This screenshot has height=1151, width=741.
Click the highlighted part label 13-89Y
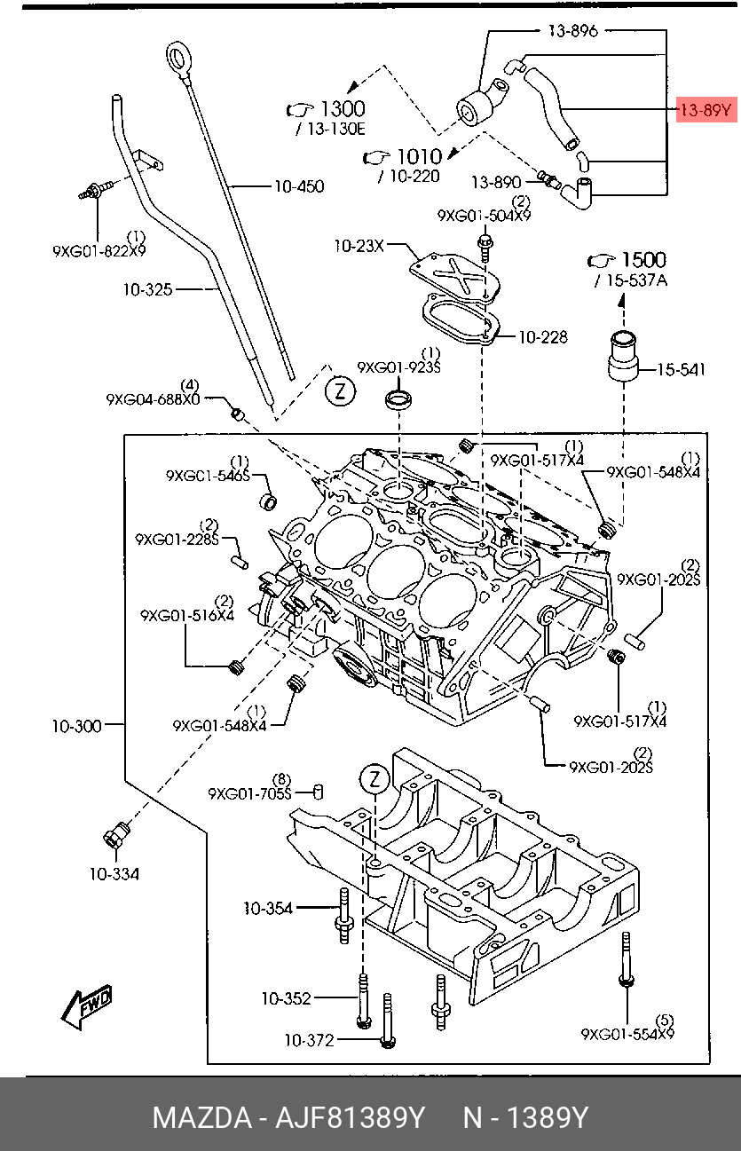(706, 110)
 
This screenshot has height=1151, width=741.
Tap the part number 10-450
(299, 186)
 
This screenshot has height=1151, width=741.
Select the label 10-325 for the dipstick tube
(147, 289)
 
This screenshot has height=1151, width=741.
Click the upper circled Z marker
(340, 392)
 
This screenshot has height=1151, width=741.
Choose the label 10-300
(76, 726)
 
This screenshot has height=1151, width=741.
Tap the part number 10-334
(114, 873)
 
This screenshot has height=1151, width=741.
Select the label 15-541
(681, 369)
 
